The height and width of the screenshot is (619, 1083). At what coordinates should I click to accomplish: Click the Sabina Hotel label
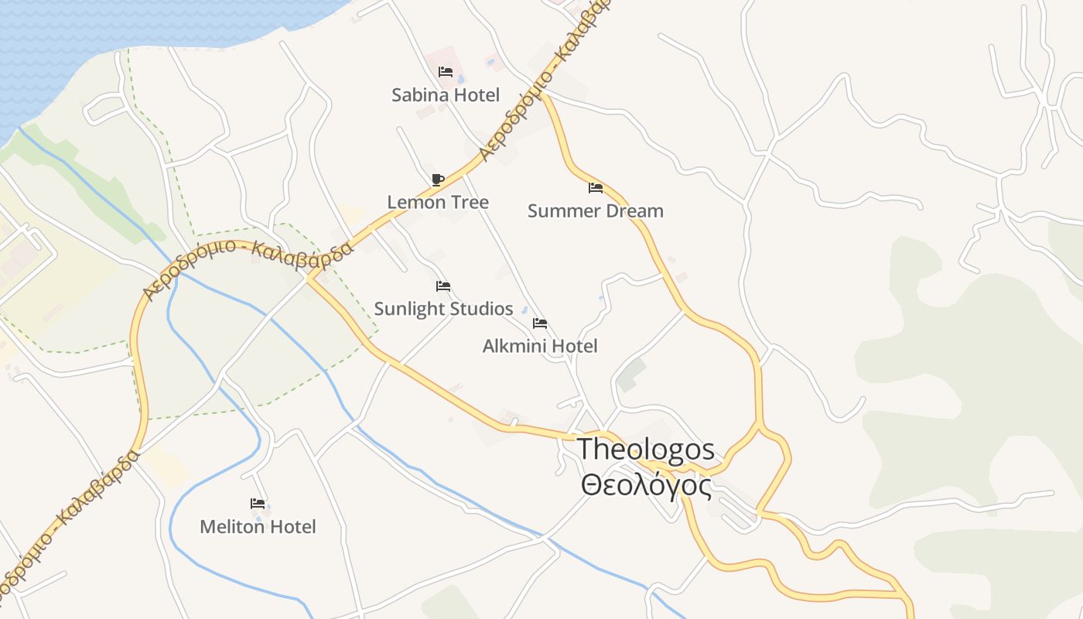coord(446,95)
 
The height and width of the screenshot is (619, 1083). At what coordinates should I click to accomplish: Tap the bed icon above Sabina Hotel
coord(445,72)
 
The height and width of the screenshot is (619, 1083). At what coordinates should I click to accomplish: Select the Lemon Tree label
coord(438,202)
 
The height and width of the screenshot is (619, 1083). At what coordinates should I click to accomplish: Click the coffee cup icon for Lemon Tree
coord(438,180)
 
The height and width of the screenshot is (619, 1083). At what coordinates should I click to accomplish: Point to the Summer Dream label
coord(595,210)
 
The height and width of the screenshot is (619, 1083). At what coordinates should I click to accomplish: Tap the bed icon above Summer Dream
coord(595,187)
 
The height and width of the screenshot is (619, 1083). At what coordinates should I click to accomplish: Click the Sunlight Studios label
coord(443,309)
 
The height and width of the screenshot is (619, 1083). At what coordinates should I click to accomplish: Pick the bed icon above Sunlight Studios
coord(442,286)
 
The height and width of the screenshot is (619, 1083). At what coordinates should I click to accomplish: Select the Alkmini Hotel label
coord(540,346)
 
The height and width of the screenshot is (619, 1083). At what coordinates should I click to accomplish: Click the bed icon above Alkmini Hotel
coord(540,323)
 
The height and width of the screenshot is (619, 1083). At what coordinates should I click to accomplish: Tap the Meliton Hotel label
coord(258,527)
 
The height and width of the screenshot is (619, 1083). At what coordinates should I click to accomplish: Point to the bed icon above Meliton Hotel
coord(258,504)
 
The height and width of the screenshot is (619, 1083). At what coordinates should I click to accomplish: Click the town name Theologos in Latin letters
coord(646,450)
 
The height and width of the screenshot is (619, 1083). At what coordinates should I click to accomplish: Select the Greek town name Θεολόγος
coord(646,486)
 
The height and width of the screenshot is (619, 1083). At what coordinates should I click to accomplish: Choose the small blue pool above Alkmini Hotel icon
coord(524,310)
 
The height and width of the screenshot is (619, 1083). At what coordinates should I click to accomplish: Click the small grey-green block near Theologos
coord(631,374)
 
